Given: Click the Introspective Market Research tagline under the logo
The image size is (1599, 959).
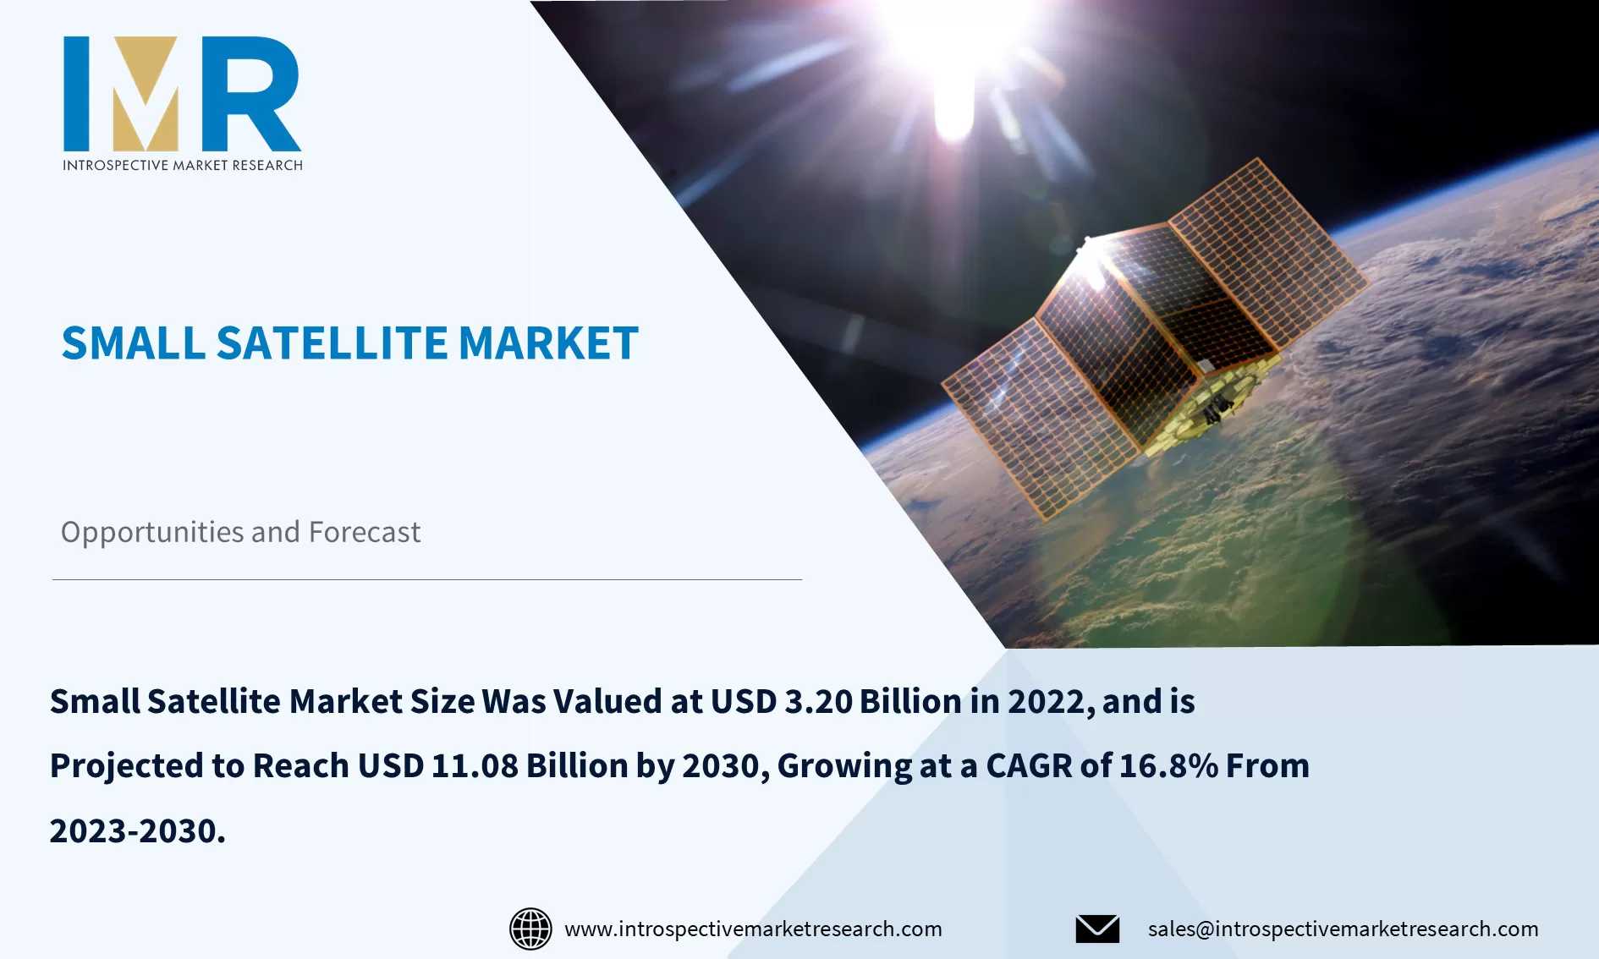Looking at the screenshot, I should click(183, 165).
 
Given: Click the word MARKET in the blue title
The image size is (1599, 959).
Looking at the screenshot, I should click(548, 343).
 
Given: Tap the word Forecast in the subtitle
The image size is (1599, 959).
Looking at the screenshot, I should click(365, 532).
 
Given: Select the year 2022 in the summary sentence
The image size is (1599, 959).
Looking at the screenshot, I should click(1047, 702).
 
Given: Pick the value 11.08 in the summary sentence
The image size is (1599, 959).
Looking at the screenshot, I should click(475, 766).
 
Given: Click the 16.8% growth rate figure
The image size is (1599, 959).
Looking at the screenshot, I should click(1168, 766).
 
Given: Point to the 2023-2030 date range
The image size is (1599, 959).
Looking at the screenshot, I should click(137, 831).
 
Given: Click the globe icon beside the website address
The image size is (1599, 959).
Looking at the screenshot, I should click(530, 929).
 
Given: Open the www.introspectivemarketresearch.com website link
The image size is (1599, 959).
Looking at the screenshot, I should click(753, 929).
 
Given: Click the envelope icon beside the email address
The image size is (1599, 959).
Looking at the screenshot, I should click(1097, 929).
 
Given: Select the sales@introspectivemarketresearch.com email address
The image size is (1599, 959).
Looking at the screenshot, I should click(1343, 929).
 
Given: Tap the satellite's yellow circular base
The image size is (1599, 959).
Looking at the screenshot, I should click(1214, 406).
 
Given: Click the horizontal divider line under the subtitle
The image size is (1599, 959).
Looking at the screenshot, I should click(427, 579).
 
